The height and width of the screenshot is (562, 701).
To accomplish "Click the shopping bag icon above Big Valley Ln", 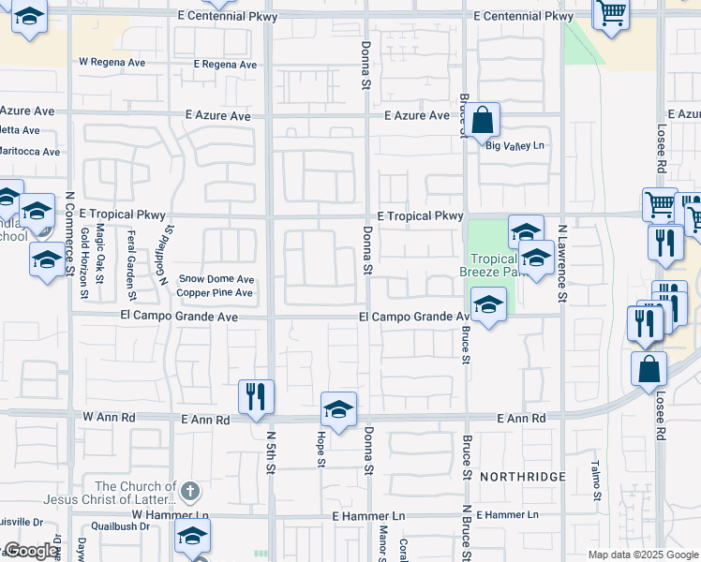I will click(483, 120).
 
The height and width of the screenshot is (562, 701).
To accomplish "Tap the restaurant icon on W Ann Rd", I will click(255, 396).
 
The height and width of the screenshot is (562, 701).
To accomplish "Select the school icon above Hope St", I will click(338, 409).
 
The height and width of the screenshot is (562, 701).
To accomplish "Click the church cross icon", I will click(189, 490).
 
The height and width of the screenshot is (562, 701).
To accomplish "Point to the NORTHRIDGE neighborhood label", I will click(523, 477).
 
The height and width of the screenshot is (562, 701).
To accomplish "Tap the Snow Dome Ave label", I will click(216, 279).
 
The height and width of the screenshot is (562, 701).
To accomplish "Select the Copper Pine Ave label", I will click(216, 293).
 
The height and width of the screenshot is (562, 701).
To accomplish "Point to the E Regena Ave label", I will click(225, 65).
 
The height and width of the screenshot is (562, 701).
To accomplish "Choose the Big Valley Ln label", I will click(515, 146).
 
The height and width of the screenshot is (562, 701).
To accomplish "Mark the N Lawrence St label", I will click(562, 263).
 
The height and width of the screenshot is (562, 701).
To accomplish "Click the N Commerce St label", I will click(69, 234).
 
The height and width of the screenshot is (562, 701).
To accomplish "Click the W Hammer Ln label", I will click(170, 514).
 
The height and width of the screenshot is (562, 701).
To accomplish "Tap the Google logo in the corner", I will click(30, 552).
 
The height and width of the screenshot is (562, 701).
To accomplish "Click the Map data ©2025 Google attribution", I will click(643, 555).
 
